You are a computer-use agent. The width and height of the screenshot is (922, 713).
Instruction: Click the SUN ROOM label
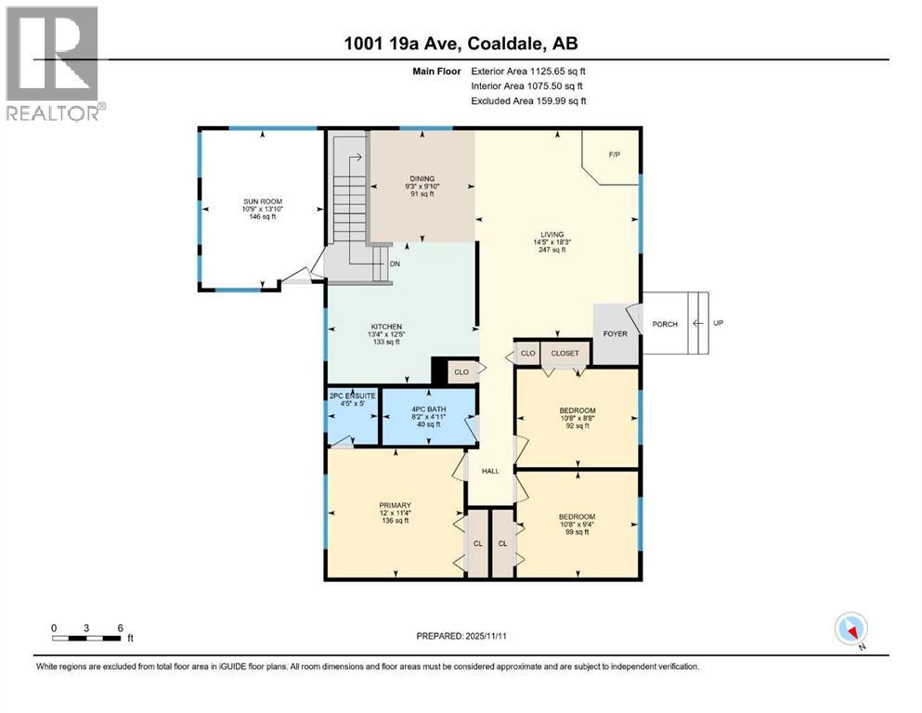[262, 201]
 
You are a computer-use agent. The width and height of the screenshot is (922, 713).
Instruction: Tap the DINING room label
[422, 179]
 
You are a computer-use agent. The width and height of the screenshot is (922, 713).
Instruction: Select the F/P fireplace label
[614, 155]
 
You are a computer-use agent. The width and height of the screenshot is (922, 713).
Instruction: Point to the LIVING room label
[553, 235]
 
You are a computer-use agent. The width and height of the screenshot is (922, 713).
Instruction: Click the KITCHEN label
[386, 327]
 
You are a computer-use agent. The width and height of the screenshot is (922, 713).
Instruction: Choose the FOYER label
[615, 333]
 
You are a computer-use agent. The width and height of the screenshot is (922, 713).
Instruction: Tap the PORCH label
[664, 324]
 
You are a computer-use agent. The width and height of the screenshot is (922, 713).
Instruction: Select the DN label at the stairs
[395, 264]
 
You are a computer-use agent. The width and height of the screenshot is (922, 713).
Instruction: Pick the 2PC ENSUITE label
[350, 396]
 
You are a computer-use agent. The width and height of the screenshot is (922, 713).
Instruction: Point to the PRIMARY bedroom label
[394, 506]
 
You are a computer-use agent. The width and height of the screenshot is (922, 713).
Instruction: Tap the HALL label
[490, 471]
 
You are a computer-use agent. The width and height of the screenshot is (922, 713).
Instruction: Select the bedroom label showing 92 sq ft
[577, 410]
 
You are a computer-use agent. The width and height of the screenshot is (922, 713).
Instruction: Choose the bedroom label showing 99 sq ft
[577, 517]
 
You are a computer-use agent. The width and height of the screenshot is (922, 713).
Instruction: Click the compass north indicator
[851, 630]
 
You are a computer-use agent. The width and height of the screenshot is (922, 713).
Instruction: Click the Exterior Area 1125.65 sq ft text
[528, 71]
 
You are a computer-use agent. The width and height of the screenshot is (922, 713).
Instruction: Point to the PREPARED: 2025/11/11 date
[461, 636]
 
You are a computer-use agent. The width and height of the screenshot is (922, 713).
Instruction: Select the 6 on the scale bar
[121, 628]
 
